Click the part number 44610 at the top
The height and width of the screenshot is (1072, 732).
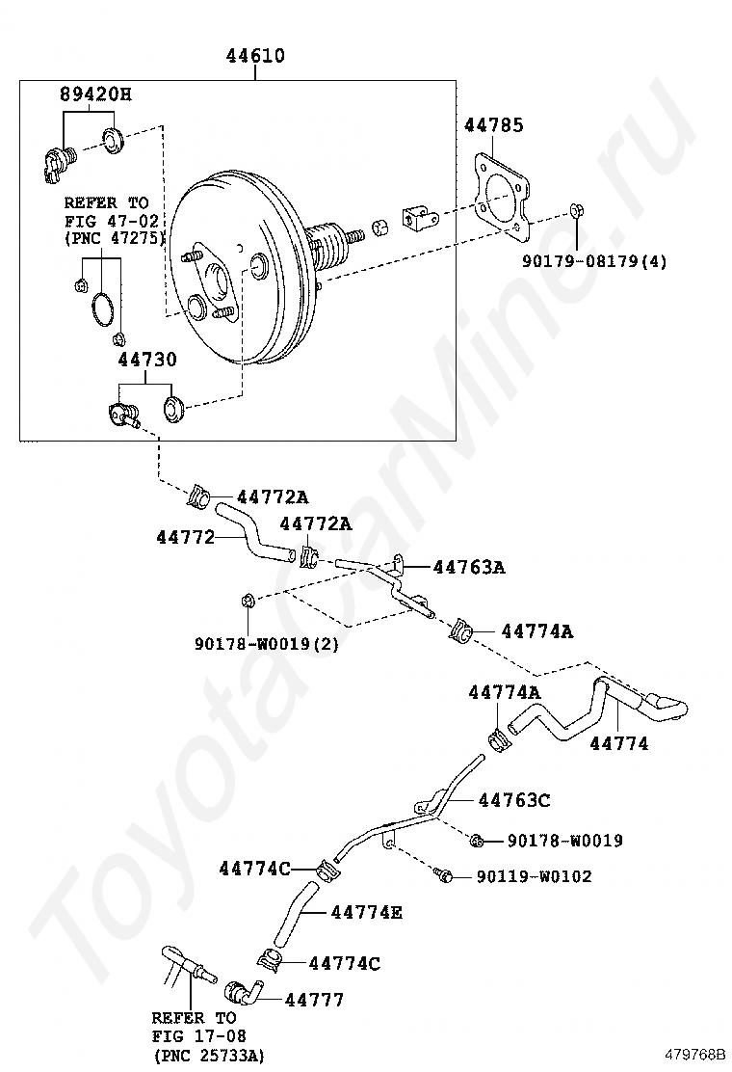(255, 56)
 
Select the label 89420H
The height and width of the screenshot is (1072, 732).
(95, 94)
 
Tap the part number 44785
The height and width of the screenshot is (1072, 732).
(494, 125)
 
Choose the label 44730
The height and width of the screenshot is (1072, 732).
(147, 360)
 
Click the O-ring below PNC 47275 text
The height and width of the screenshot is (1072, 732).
(101, 310)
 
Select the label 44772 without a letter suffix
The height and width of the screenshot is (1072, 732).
(185, 536)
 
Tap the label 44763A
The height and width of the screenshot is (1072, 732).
(468, 567)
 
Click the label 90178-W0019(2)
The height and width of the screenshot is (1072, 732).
(266, 643)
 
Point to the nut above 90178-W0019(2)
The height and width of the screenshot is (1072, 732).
(247, 603)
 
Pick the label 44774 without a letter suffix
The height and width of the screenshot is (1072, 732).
(618, 743)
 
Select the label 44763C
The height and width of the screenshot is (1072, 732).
(514, 800)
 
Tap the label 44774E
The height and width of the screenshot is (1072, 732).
(366, 911)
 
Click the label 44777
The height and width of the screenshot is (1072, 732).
(314, 1000)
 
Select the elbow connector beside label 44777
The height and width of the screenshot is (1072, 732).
(245, 992)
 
